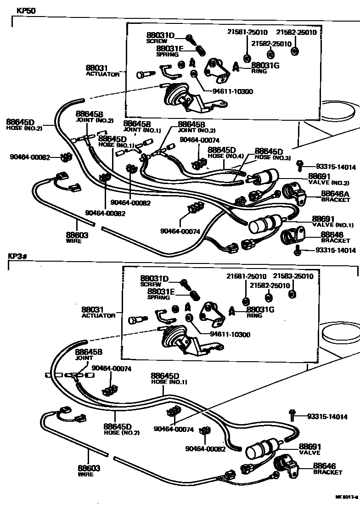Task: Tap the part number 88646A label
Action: (336, 194)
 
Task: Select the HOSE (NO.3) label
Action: (273, 157)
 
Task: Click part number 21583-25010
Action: (293, 276)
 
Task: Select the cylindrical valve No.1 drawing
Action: (263, 224)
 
